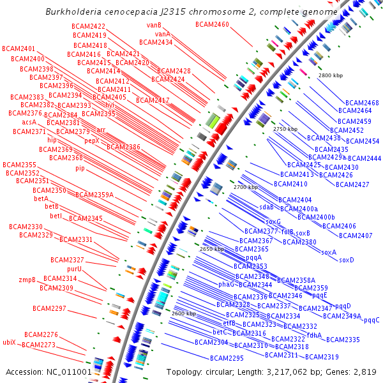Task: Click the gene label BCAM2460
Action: point(212,24)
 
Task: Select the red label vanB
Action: point(154,25)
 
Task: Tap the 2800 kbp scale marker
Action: point(330,75)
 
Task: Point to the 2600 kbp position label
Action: point(183,313)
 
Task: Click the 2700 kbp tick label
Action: point(246,187)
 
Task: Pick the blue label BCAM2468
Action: point(362,103)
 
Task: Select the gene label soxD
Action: point(346,260)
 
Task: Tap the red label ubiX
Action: point(9,342)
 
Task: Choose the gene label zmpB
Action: point(27,280)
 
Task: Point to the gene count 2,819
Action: point(365,372)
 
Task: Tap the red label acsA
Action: point(29,122)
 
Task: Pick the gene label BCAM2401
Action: point(19,49)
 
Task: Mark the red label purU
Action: point(75,269)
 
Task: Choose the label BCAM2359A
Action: point(94,195)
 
